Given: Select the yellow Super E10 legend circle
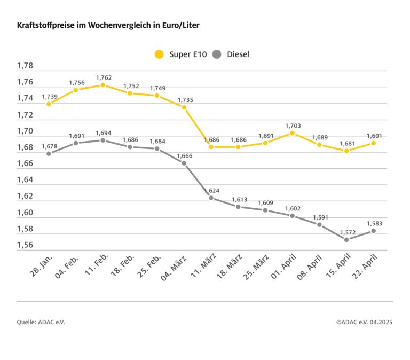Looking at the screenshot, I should (159, 54).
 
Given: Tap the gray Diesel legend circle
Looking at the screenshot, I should (217, 54).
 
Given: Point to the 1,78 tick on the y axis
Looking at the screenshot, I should (25, 66).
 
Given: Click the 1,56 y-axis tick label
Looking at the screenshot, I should (25, 245).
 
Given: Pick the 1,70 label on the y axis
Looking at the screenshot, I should (25, 131).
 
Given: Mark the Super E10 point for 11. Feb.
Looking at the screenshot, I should (103, 85).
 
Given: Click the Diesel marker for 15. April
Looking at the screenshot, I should (346, 239).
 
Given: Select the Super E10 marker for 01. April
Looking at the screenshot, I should (293, 133).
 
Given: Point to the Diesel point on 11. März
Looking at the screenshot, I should (211, 198).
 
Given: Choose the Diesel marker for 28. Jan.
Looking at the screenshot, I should (49, 153).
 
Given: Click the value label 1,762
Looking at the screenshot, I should (104, 77).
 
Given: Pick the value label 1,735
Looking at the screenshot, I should (185, 99).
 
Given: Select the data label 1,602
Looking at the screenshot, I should (293, 208).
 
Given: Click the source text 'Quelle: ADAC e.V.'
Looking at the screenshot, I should (41, 322).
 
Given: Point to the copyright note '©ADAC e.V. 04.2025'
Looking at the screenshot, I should (364, 322).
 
